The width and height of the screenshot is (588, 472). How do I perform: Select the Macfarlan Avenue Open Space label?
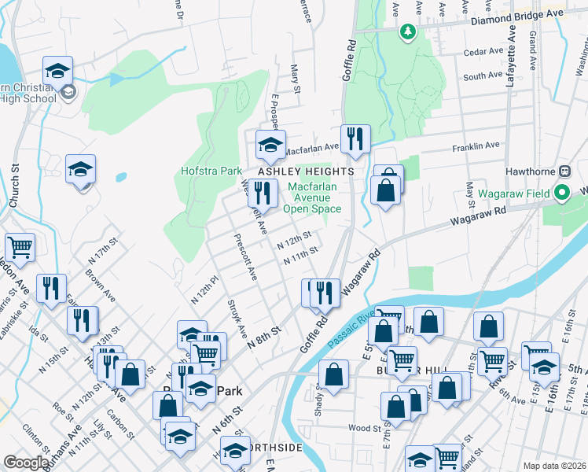[312, 197]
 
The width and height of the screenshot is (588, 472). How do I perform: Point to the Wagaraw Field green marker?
[562, 192]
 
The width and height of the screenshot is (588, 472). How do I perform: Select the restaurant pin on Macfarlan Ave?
[355, 139]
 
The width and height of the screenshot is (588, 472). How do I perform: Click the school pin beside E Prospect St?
[270, 144]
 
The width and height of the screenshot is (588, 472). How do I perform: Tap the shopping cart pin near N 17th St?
[20, 247]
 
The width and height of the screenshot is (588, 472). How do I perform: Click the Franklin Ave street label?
[476, 146]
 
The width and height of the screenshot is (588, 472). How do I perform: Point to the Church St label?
[14, 186]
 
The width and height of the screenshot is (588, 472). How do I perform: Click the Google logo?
[25, 463]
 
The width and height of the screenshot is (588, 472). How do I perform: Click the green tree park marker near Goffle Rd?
[407, 31]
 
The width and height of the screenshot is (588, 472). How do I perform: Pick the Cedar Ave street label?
[483, 52]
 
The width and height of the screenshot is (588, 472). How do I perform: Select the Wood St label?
[366, 429]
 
